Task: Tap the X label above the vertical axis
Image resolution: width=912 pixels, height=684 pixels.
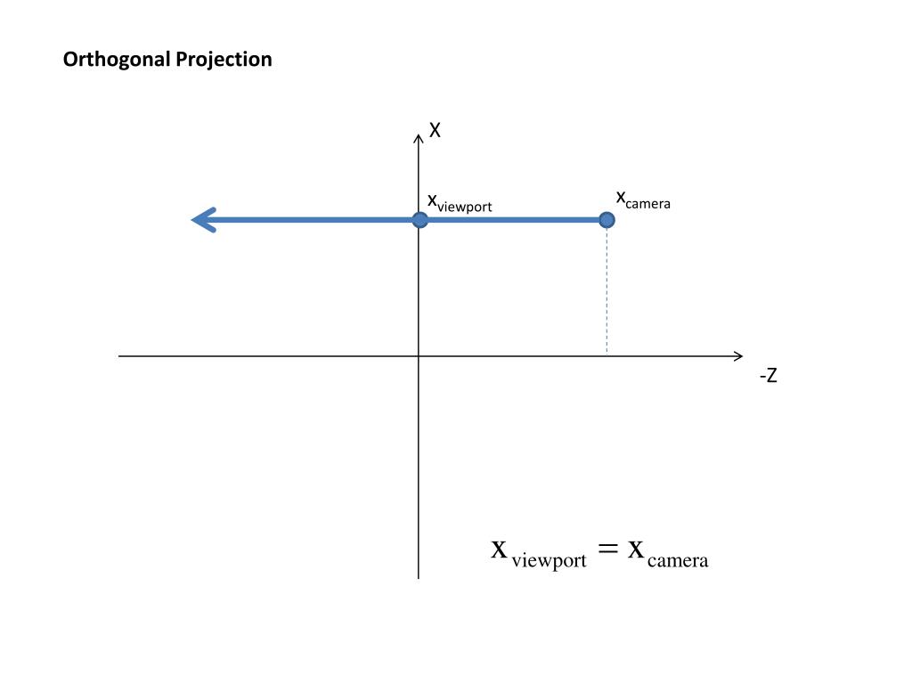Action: coord(436,131)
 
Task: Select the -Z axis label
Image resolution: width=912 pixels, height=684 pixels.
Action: coord(769,376)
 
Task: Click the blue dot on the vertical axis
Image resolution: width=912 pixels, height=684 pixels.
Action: coord(419,219)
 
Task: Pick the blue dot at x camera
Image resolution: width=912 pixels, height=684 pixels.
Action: coord(607,219)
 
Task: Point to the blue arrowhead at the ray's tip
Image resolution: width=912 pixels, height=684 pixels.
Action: coord(203,219)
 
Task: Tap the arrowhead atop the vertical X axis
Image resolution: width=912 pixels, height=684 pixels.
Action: coord(419,137)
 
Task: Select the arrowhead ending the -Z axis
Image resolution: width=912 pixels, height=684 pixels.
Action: coord(738,356)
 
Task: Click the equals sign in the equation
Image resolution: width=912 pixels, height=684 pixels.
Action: coord(607,550)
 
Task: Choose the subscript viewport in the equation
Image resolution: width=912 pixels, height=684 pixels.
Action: coord(549,560)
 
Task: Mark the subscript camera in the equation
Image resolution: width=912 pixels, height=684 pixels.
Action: coord(678,560)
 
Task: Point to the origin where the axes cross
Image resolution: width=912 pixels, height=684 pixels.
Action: coord(419,356)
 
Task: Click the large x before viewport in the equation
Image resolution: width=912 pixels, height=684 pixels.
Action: coord(500,549)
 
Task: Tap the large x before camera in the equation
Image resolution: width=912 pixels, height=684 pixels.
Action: coord(636,549)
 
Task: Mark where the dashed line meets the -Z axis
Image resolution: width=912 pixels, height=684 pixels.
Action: coord(607,356)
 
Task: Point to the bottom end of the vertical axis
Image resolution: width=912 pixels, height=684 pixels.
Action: coord(419,577)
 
